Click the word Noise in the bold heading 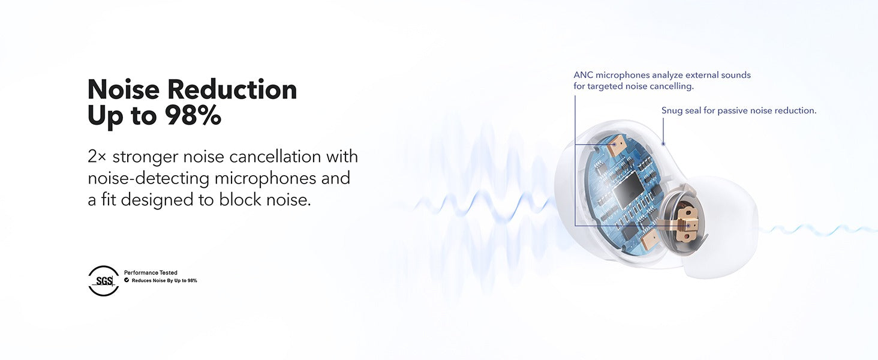[x=124, y=89]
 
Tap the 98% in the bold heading [x=193, y=115]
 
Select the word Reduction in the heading [x=232, y=89]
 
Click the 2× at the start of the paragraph [x=97, y=157]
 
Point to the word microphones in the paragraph [x=265, y=178]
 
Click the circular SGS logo [x=104, y=281]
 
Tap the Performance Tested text [x=151, y=272]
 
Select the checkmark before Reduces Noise [x=127, y=280]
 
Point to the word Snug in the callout [x=672, y=110]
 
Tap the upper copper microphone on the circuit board [x=614, y=145]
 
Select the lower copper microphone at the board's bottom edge [x=651, y=241]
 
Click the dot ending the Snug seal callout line [x=663, y=144]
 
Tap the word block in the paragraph [x=240, y=200]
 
